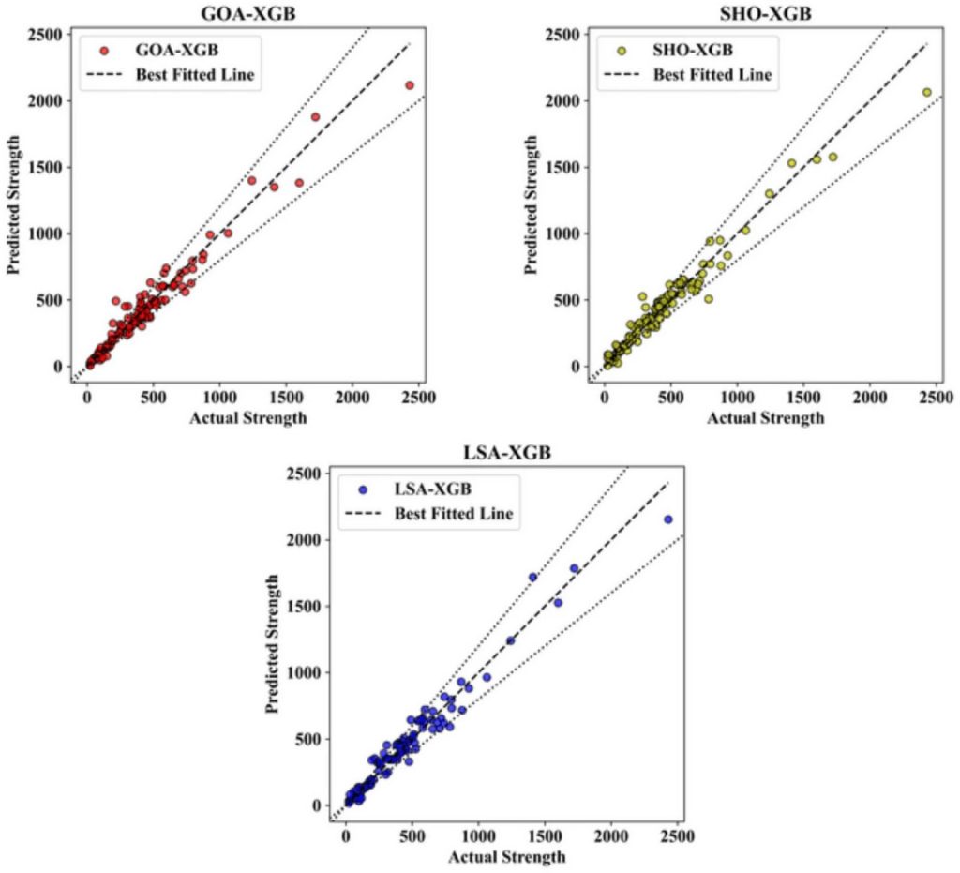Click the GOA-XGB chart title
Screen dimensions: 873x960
[247, 13]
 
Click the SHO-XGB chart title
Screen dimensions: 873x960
[765, 13]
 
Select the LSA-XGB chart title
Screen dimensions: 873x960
[506, 453]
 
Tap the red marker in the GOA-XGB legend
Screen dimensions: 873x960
[104, 50]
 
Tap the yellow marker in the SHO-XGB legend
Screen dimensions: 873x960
[621, 50]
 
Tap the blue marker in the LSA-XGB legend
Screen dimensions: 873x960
[362, 489]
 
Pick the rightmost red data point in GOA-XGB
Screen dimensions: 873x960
[410, 85]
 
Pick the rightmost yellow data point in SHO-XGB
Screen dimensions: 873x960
[926, 92]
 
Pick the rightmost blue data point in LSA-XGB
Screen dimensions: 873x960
[668, 519]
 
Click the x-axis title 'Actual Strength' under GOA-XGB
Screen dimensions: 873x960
[247, 417]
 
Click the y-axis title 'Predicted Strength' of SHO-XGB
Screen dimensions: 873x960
[532, 204]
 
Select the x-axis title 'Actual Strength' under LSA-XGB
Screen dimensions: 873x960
[506, 857]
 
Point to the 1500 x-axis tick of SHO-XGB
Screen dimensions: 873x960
[803, 397]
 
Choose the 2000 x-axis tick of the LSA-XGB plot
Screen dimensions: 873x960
[611, 836]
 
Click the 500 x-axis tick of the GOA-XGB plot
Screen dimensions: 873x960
[153, 397]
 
